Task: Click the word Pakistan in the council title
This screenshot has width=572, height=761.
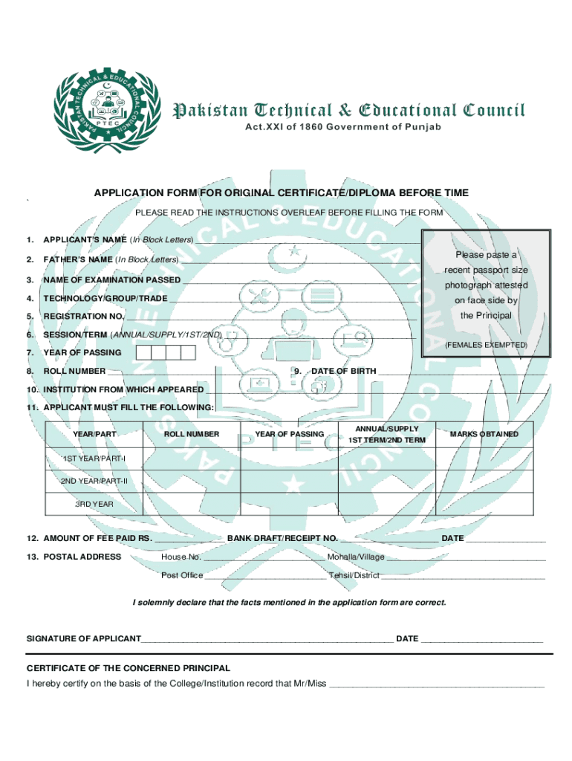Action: coord(212,111)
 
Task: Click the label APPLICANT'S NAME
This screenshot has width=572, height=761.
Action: coord(85,240)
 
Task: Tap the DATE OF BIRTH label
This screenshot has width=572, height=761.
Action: coord(343,371)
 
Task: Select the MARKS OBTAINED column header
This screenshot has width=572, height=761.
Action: coord(484,434)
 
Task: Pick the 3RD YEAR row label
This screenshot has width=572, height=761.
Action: coord(94,504)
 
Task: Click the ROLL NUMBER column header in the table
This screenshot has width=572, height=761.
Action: coord(192,434)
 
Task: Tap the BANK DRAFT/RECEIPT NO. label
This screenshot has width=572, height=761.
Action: coord(282,538)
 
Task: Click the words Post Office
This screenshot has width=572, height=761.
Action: coord(182,575)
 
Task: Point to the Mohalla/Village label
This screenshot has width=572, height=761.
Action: coord(356,557)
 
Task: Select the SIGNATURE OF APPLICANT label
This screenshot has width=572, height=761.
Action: coord(84,638)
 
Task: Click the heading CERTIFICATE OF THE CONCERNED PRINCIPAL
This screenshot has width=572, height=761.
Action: coord(129,668)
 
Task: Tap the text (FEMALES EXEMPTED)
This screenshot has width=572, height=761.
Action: coord(486,346)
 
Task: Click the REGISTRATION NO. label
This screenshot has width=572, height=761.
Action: coord(83,317)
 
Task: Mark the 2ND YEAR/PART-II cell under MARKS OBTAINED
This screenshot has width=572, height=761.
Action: coord(484,482)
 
